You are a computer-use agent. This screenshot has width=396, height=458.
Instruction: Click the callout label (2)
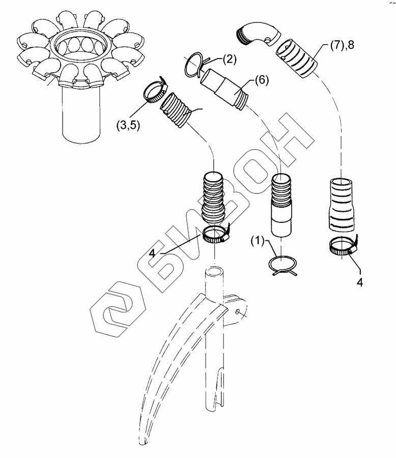[229, 60]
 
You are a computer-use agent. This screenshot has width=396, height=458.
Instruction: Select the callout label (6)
[261, 80]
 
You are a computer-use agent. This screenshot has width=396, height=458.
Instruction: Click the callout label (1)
[257, 241]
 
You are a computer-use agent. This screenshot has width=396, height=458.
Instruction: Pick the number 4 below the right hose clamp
[360, 283]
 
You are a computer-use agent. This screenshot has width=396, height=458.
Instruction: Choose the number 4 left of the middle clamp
[152, 253]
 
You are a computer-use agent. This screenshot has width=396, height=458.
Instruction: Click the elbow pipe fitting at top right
[257, 33]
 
